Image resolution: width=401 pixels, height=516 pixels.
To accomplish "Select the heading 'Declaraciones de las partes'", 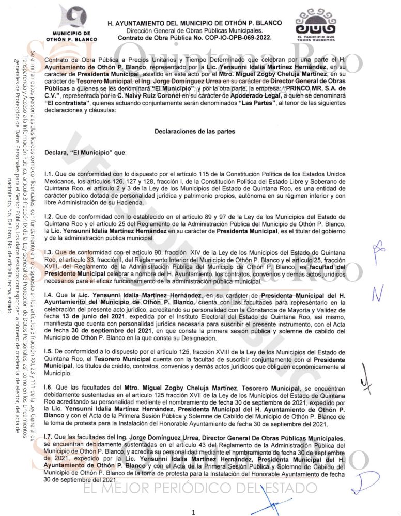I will (195, 132).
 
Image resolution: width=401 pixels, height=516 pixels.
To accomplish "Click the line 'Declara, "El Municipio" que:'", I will (82, 153).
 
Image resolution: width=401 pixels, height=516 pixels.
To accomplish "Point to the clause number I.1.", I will (50, 176).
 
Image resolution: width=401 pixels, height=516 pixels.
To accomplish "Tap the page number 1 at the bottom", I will (193, 512).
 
